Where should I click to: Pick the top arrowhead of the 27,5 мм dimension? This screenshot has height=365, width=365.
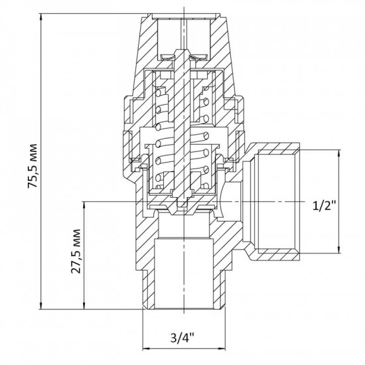pyautogui.click(x=84, y=204)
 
